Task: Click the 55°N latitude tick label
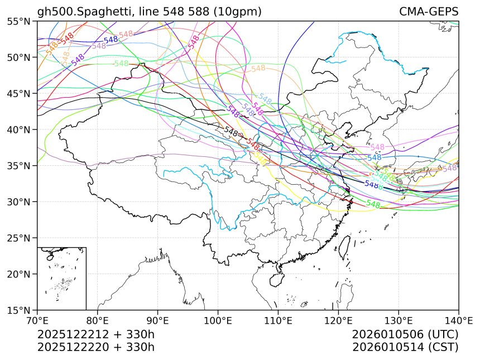point(18,21)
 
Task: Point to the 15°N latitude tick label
point(18,310)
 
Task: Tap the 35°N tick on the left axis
point(18,166)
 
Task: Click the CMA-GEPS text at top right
point(429,12)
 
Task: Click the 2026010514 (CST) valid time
point(405,347)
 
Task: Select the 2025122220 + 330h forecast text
point(95,347)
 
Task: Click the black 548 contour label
point(231,132)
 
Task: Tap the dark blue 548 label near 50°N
point(111,40)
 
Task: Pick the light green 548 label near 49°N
point(121,64)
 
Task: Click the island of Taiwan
point(351,244)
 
